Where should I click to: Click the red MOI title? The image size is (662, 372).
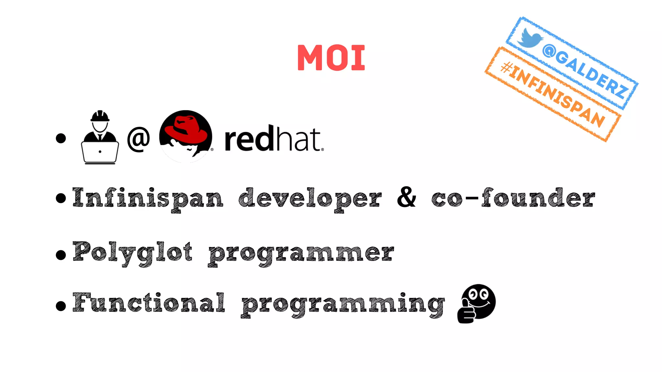331,57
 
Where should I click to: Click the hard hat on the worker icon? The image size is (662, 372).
100,116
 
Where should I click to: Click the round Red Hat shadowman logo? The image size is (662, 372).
186,136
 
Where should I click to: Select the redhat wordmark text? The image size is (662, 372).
273,139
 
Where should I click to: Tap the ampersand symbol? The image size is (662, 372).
407,197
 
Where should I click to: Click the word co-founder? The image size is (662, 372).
513,198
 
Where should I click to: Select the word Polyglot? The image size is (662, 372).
133,253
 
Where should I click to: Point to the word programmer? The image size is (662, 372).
301,253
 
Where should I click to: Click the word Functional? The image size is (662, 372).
149,303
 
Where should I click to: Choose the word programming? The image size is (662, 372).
343,304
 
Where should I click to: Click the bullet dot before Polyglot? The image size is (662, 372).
61,255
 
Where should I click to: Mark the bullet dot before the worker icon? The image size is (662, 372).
61,138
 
